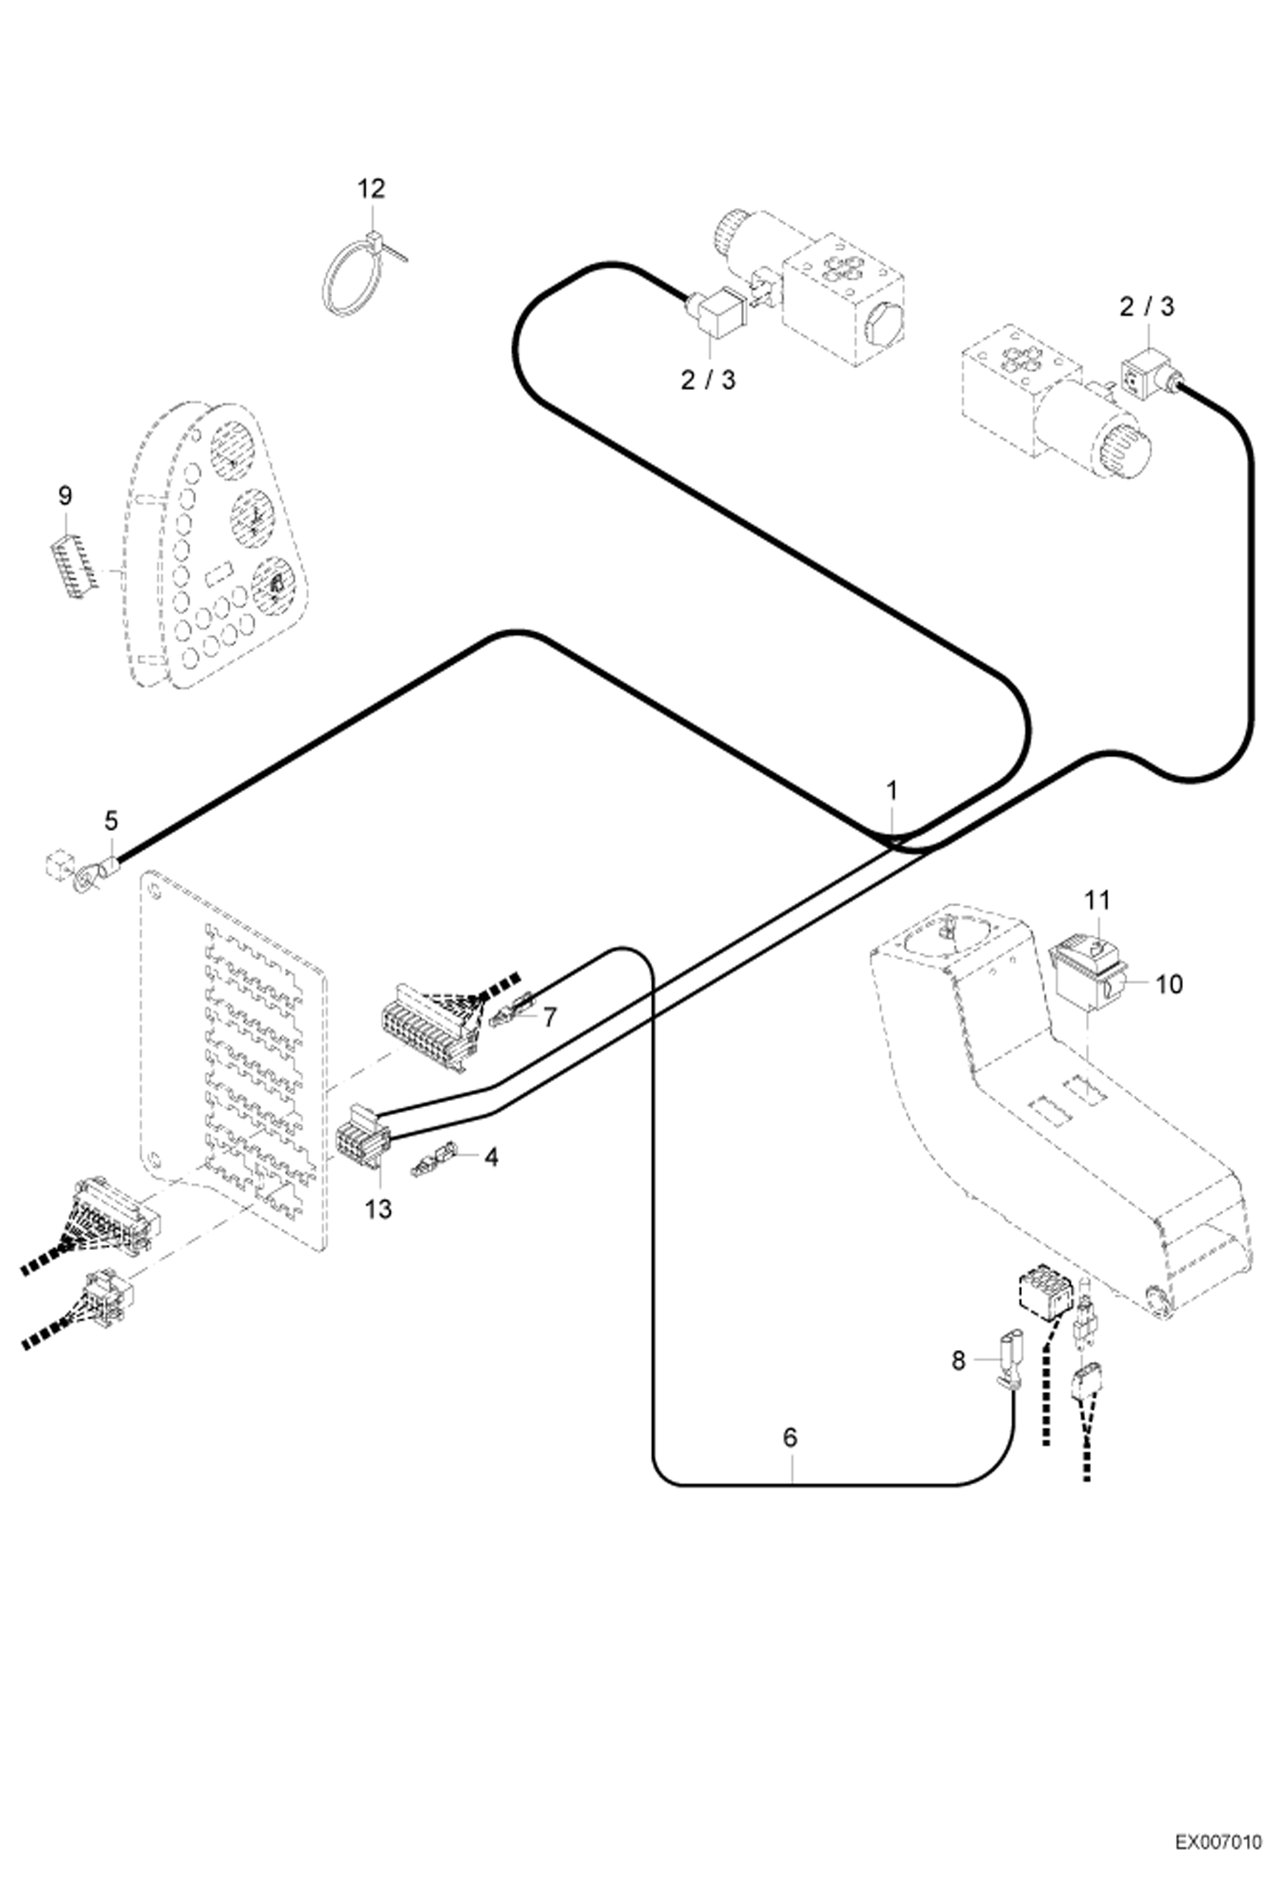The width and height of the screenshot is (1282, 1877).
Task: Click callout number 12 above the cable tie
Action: pyautogui.click(x=371, y=189)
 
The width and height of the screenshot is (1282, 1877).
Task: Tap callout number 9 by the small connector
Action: pyautogui.click(x=66, y=495)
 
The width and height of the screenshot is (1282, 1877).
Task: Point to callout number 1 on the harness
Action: pyautogui.click(x=891, y=790)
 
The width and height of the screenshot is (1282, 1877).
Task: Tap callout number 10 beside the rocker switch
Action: pyautogui.click(x=1168, y=985)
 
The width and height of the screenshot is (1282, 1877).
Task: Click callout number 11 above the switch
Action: pyautogui.click(x=1097, y=900)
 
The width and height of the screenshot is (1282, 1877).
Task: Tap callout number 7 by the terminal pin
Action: pyautogui.click(x=549, y=1017)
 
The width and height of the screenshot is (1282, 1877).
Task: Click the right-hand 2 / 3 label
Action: pyautogui.click(x=1146, y=307)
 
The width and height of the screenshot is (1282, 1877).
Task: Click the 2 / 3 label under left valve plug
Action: pyautogui.click(x=708, y=380)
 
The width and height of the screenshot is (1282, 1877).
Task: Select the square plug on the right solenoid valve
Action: pyautogui.click(x=1145, y=376)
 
